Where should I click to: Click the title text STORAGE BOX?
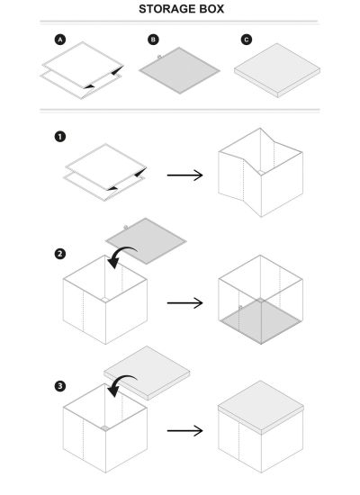pyautogui.click(x=181, y=9)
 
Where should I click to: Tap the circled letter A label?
pyautogui.click(x=60, y=40)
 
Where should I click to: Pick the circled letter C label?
pyautogui.click(x=245, y=40)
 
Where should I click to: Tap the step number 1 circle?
pyautogui.click(x=60, y=137)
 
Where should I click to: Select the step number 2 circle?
pyautogui.click(x=60, y=255)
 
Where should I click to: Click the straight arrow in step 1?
pyautogui.click(x=184, y=172)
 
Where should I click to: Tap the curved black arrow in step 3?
pyautogui.click(x=118, y=385)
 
